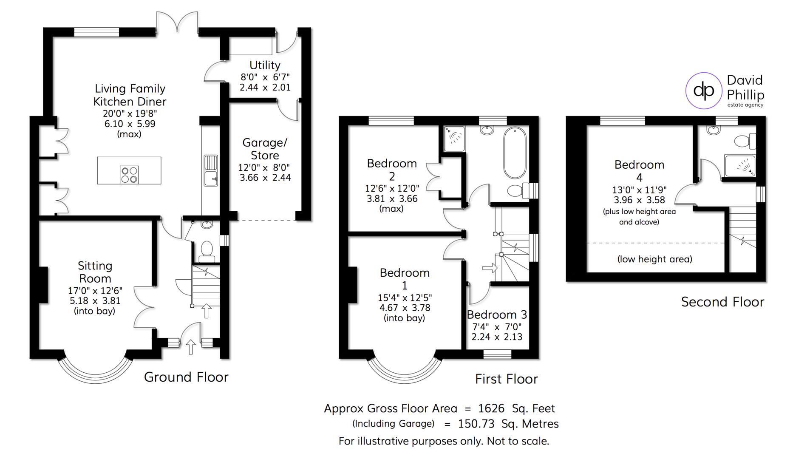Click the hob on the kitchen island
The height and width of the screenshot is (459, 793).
click(x=129, y=174)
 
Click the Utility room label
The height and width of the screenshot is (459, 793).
click(x=265, y=65)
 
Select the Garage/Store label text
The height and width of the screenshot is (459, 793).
click(x=265, y=149)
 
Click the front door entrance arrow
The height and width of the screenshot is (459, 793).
click(x=191, y=346)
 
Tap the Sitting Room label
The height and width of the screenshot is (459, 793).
click(x=95, y=272)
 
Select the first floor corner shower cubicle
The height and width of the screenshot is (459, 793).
click(x=454, y=139)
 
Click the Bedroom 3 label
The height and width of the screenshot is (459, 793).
click(x=497, y=314)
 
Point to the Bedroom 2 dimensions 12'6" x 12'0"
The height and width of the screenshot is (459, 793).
click(x=392, y=188)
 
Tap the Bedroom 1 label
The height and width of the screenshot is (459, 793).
click(x=405, y=278)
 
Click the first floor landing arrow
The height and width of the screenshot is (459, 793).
click(x=490, y=268)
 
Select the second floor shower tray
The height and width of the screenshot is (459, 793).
click(x=740, y=166)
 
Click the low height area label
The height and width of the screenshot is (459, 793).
click(x=654, y=259)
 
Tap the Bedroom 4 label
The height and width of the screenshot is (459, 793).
click(x=639, y=170)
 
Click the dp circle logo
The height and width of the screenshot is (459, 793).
click(x=704, y=91)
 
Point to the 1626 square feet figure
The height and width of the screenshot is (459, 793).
click(x=491, y=408)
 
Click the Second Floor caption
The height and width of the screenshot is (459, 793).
click(x=722, y=302)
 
